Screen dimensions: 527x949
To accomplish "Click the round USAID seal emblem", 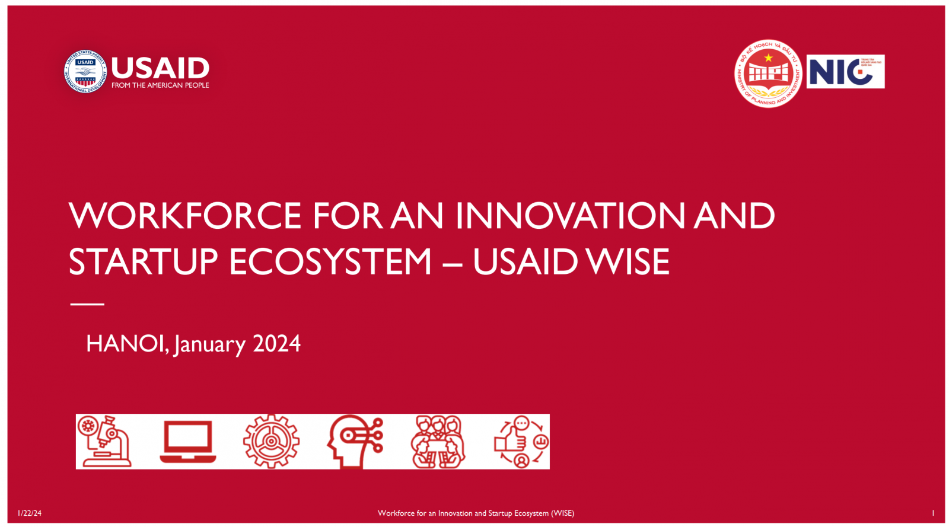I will pos(85,71).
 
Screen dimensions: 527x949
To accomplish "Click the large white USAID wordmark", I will pos(160,68).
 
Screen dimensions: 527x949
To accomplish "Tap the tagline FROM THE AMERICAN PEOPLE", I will pos(160,85).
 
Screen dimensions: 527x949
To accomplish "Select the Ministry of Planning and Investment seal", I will pos(768,74).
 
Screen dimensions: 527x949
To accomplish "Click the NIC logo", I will pos(845,72).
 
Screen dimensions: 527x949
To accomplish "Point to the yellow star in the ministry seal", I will pos(768,58).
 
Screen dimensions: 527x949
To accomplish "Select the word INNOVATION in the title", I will pos(570,216).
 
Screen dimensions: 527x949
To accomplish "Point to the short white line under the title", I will pos(87,304).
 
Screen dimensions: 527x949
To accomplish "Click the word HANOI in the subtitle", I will pos(126,344).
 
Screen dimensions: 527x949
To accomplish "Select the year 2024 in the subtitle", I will pos(276,344).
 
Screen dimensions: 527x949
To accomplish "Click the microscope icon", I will pos(104,442).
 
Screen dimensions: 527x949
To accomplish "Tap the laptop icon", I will pos(188,442).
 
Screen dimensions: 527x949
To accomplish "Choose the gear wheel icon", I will pos(271,442).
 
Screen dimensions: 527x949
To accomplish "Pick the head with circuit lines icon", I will pos(355,442).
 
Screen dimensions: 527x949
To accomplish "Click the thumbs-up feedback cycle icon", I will pos(521,442).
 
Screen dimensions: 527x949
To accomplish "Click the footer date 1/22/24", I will pos(30,513).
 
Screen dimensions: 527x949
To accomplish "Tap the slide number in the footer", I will pos(933,513).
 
